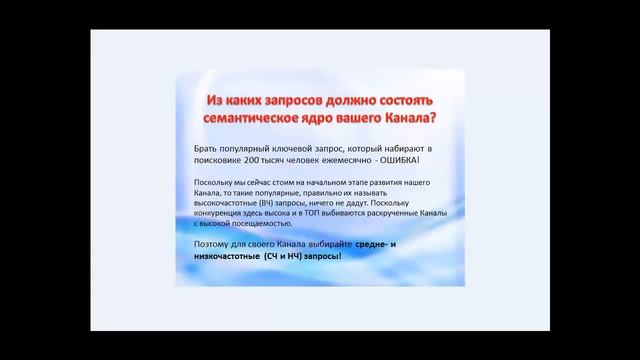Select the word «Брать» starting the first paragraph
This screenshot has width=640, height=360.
[206, 148]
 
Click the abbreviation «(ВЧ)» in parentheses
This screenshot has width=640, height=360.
[268, 203]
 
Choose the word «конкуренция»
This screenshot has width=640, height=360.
[222, 214]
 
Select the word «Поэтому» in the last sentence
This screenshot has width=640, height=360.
[212, 244]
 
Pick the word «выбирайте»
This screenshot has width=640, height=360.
[330, 244]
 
